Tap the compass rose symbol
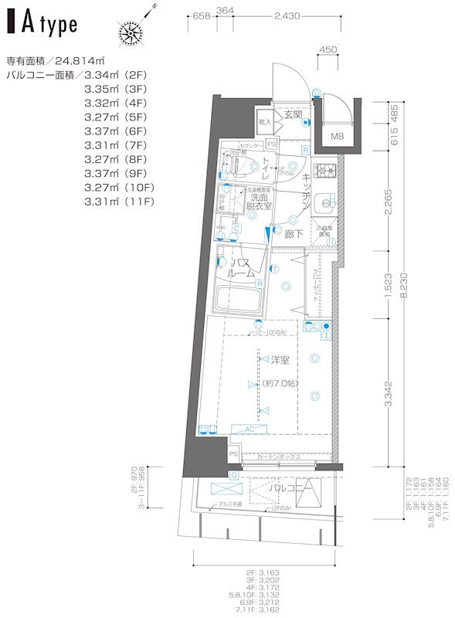(x=131, y=31)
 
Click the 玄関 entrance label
(x=293, y=115)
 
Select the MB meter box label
(x=338, y=137)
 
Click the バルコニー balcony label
(x=290, y=489)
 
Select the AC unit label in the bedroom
(x=250, y=429)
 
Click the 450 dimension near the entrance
(x=328, y=49)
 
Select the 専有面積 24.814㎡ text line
(x=57, y=60)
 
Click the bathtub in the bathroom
(x=236, y=297)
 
